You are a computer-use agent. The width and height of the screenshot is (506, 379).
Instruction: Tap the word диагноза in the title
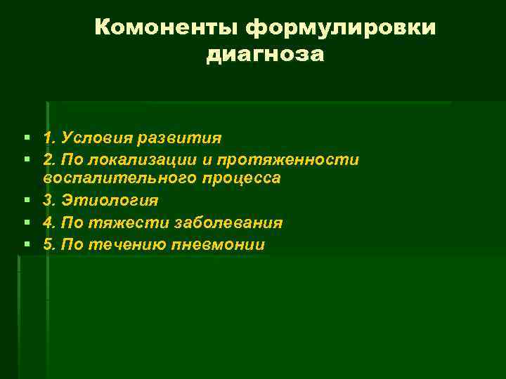click(x=265, y=54)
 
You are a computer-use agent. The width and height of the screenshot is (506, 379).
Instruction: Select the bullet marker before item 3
click(x=26, y=201)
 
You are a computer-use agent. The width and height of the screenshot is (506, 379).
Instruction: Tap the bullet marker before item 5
click(x=26, y=245)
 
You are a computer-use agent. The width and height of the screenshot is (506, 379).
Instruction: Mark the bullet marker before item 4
click(x=26, y=223)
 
